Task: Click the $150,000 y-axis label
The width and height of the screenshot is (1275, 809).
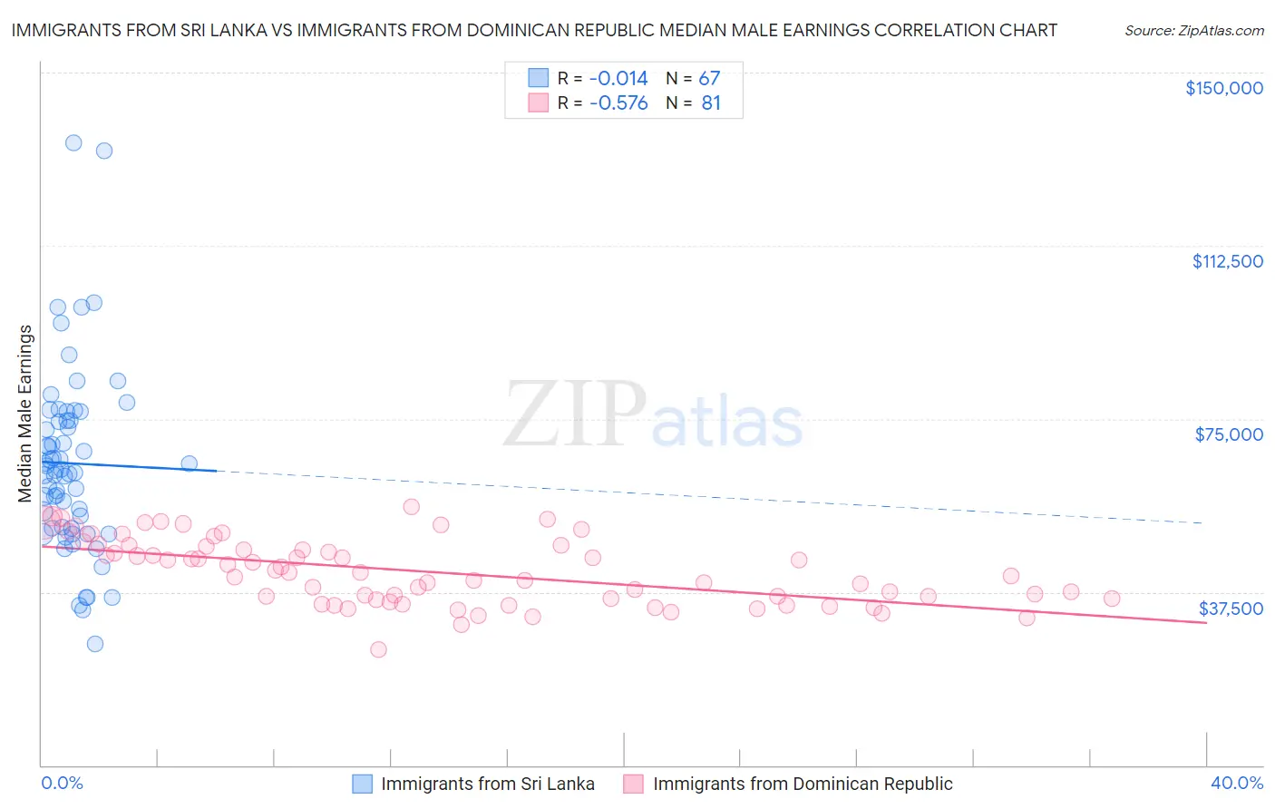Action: (x=1223, y=88)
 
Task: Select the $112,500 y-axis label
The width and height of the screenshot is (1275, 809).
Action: (x=1227, y=261)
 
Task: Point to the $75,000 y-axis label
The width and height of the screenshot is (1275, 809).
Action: (x=1229, y=434)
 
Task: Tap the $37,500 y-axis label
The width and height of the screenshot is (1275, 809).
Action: (x=1231, y=609)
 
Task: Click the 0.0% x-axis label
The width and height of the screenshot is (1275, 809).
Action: (x=62, y=783)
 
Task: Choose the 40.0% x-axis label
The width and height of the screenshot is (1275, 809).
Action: (x=1236, y=783)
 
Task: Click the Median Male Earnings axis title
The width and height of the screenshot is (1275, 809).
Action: (x=25, y=414)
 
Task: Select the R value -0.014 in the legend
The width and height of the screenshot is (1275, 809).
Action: (x=618, y=78)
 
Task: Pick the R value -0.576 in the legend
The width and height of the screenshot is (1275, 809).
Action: (x=618, y=103)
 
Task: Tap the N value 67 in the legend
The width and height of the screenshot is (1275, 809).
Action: (x=709, y=78)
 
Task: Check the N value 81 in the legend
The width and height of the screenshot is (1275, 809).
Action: (x=711, y=103)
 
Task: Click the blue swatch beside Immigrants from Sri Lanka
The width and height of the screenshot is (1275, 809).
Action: (x=362, y=784)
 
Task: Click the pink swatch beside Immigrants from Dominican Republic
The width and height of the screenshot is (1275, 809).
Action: (x=634, y=784)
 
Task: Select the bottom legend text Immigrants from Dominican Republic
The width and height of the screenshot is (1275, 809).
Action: (x=803, y=784)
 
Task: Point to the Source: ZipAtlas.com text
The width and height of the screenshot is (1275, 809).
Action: (x=1193, y=30)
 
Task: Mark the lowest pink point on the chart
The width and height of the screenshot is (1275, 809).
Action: (x=378, y=649)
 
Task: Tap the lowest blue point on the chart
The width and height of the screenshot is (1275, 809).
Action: (x=94, y=644)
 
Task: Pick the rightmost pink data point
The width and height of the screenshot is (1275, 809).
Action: (x=1112, y=599)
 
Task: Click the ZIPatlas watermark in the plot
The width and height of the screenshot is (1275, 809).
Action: (x=653, y=415)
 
